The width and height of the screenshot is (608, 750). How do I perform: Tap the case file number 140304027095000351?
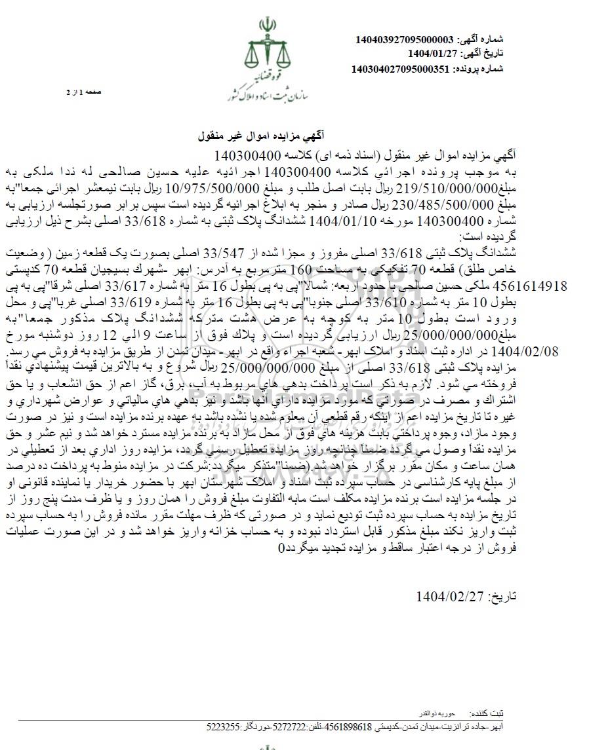[401, 68]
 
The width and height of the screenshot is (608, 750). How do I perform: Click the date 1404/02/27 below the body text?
[450, 596]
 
